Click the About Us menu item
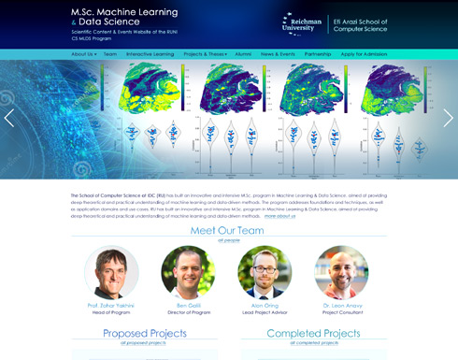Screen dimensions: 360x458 (83, 54)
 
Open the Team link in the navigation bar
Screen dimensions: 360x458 (110, 54)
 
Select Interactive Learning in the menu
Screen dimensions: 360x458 (150, 54)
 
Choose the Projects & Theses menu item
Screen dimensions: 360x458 (205, 54)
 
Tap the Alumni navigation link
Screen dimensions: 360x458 (243, 54)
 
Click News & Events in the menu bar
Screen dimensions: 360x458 (279, 54)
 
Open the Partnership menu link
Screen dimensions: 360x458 (318, 54)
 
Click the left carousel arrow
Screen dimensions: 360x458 (9, 118)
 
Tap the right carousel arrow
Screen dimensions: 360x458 (448, 118)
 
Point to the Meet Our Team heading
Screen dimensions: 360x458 (228, 230)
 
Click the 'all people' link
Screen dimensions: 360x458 (228, 240)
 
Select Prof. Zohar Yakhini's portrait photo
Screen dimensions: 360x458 (111, 272)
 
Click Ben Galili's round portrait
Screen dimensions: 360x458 (188, 272)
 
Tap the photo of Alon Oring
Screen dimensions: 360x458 (265, 272)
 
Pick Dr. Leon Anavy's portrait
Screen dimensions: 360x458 (341, 272)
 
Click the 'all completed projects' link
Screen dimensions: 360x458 (313, 343)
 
